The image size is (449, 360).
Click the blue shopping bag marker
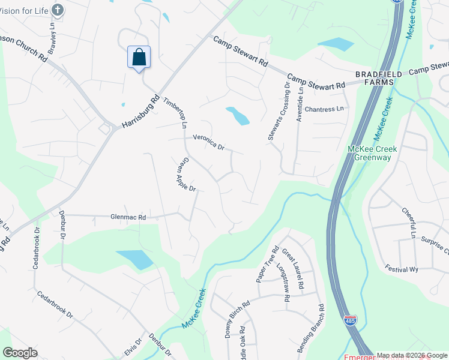tap(139, 58)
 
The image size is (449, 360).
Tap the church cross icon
tap(57, 9)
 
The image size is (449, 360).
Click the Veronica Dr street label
tap(208, 142)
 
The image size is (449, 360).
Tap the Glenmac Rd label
tap(128, 217)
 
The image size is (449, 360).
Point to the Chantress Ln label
tap(327, 109)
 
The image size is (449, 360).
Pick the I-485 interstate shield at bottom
tap(350, 322)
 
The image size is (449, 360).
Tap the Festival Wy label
tap(402, 269)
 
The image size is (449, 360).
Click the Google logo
tap(20, 353)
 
